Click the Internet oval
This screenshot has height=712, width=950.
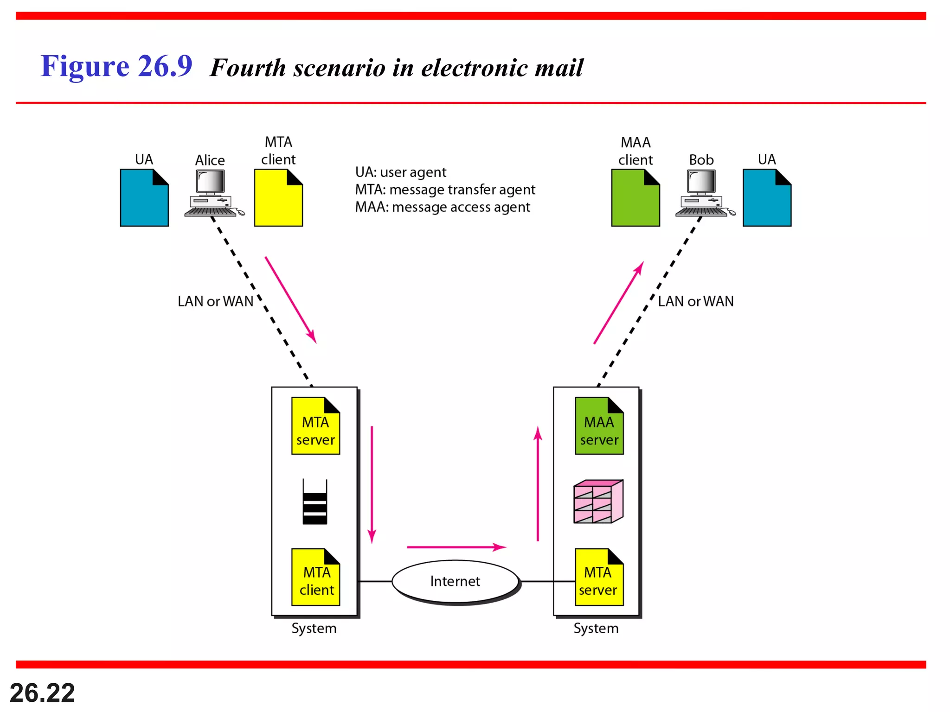(455, 581)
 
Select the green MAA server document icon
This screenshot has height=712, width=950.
(599, 426)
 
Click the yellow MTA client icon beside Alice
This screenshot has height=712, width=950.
(278, 198)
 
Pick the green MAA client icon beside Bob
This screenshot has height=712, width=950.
(635, 198)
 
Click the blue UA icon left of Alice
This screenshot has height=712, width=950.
(144, 198)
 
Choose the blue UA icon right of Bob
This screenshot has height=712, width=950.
(767, 198)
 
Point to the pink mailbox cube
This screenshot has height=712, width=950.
(598, 502)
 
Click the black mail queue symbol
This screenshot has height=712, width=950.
(315, 502)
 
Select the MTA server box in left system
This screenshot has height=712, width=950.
(315, 426)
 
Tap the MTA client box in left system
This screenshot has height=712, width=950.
(315, 578)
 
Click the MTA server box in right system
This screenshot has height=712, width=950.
(599, 578)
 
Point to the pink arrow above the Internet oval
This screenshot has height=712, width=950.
(456, 547)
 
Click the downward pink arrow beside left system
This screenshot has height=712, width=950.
(372, 484)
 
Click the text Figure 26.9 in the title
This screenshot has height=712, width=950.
(116, 66)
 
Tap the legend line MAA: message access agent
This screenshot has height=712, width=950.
(442, 207)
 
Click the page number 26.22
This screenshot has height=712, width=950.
(42, 693)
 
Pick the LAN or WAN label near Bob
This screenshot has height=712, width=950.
(695, 301)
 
